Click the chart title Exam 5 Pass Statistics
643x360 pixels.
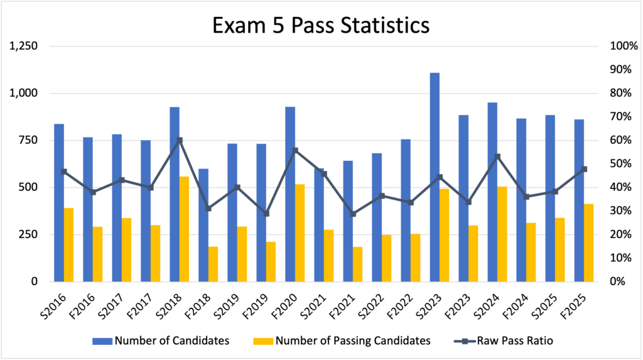pyautogui.click(x=321, y=25)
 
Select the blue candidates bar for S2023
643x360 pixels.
pyautogui.click(x=435, y=177)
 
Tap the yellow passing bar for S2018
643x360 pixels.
pyautogui.click(x=185, y=229)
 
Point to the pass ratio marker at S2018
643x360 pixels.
pyautogui.click(x=180, y=140)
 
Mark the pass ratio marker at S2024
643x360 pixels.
pyautogui.click(x=497, y=156)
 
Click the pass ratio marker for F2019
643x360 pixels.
pyautogui.click(x=266, y=214)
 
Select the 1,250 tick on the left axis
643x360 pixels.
pyautogui.click(x=24, y=46)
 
